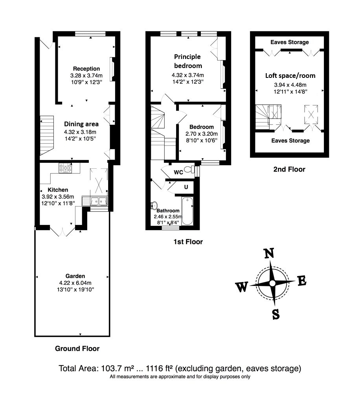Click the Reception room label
[x=86, y=69]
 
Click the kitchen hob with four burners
[x=65, y=168]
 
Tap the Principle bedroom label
[x=187, y=61]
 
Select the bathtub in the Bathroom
[x=187, y=211]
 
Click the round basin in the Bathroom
[x=154, y=205]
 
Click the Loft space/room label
[x=290, y=76]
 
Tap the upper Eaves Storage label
[x=290, y=42]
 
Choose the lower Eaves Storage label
[x=290, y=140]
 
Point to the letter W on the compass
[x=242, y=288]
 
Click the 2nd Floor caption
[x=289, y=170]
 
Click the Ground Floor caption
[x=77, y=348]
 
